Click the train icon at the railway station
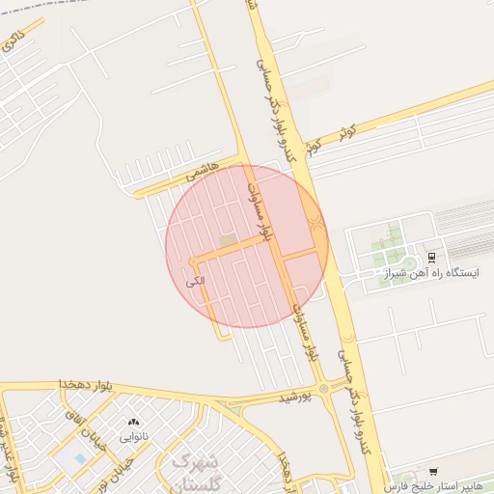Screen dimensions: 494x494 [431, 258]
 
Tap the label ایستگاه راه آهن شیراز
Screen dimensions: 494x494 [429, 274]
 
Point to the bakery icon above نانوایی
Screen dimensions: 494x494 [133, 423]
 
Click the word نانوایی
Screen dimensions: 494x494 [133, 436]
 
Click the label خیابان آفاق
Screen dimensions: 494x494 [74, 421]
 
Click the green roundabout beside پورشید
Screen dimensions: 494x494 [323, 390]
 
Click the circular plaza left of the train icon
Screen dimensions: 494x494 [409, 262]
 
